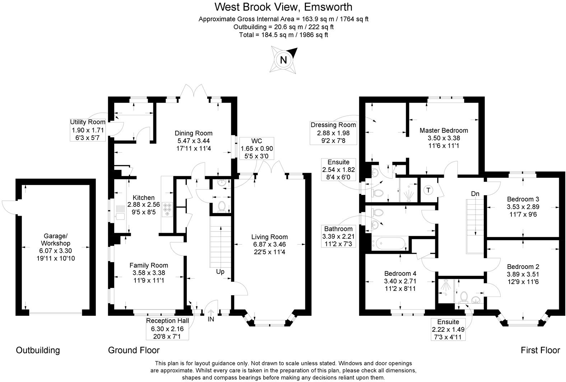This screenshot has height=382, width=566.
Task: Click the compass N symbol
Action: click(x=283, y=60)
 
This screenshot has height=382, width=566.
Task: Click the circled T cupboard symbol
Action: click(x=428, y=190)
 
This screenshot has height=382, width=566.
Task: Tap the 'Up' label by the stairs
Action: click(x=220, y=271)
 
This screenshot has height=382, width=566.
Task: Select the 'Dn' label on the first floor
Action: click(x=475, y=194)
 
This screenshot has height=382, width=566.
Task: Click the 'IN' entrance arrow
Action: click(x=210, y=315)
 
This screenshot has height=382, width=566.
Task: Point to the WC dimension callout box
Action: click(x=257, y=148)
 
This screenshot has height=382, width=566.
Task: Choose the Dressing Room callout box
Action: click(x=333, y=132)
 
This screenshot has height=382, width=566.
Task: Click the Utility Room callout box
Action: click(x=88, y=130)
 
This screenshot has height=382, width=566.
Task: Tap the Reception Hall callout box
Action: click(x=167, y=328)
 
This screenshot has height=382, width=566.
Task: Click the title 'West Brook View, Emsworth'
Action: click(x=283, y=7)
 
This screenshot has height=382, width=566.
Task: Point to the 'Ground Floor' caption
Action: click(x=134, y=350)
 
